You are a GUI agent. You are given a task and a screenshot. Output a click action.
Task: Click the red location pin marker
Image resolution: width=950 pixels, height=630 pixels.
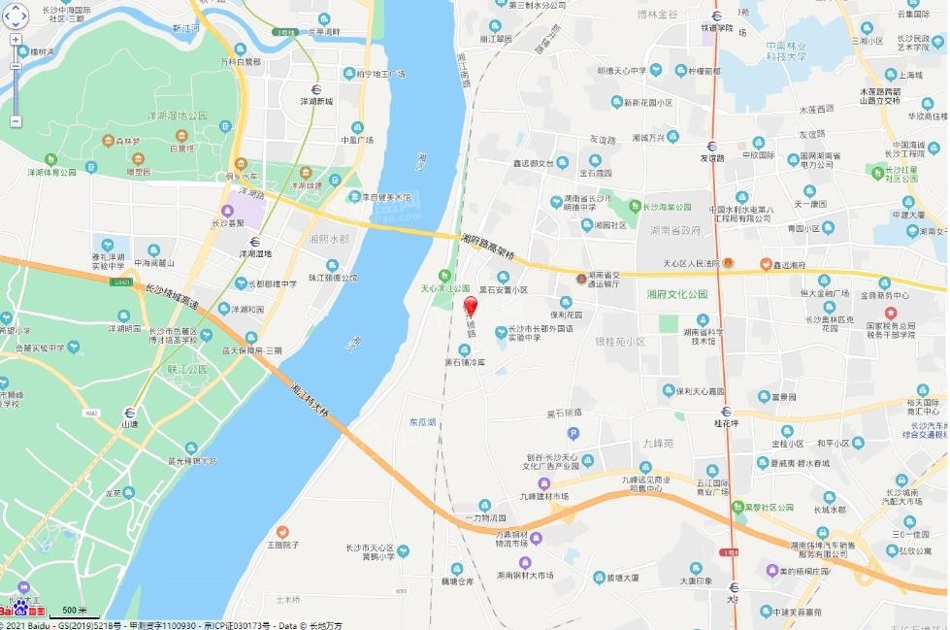tap(471, 307)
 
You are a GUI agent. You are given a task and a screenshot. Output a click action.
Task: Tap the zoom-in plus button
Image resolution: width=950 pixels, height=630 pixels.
tap(16, 41)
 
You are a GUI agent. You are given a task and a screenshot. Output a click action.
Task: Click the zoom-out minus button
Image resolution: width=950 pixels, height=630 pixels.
tap(16, 120)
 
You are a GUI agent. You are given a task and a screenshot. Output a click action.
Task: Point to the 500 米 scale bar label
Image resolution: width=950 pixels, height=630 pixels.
tap(75, 610)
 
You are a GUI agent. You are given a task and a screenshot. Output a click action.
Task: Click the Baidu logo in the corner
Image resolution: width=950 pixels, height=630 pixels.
tap(21, 609)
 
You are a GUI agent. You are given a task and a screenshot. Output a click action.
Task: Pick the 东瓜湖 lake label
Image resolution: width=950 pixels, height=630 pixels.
tap(422, 422)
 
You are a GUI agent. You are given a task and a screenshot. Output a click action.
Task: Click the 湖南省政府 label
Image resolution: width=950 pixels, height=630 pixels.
tap(675, 230)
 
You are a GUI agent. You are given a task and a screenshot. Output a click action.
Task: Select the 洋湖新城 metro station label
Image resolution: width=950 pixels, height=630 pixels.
tap(316, 101)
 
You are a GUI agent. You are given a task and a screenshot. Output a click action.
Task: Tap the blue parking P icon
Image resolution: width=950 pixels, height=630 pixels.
tap(573, 433)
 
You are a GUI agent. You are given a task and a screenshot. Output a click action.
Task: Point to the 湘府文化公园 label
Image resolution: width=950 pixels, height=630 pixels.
tap(677, 294)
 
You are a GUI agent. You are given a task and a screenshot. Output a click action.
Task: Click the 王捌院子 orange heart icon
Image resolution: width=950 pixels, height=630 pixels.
tap(282, 532)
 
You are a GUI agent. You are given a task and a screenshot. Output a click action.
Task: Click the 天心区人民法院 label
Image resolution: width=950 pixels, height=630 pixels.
tap(693, 263)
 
